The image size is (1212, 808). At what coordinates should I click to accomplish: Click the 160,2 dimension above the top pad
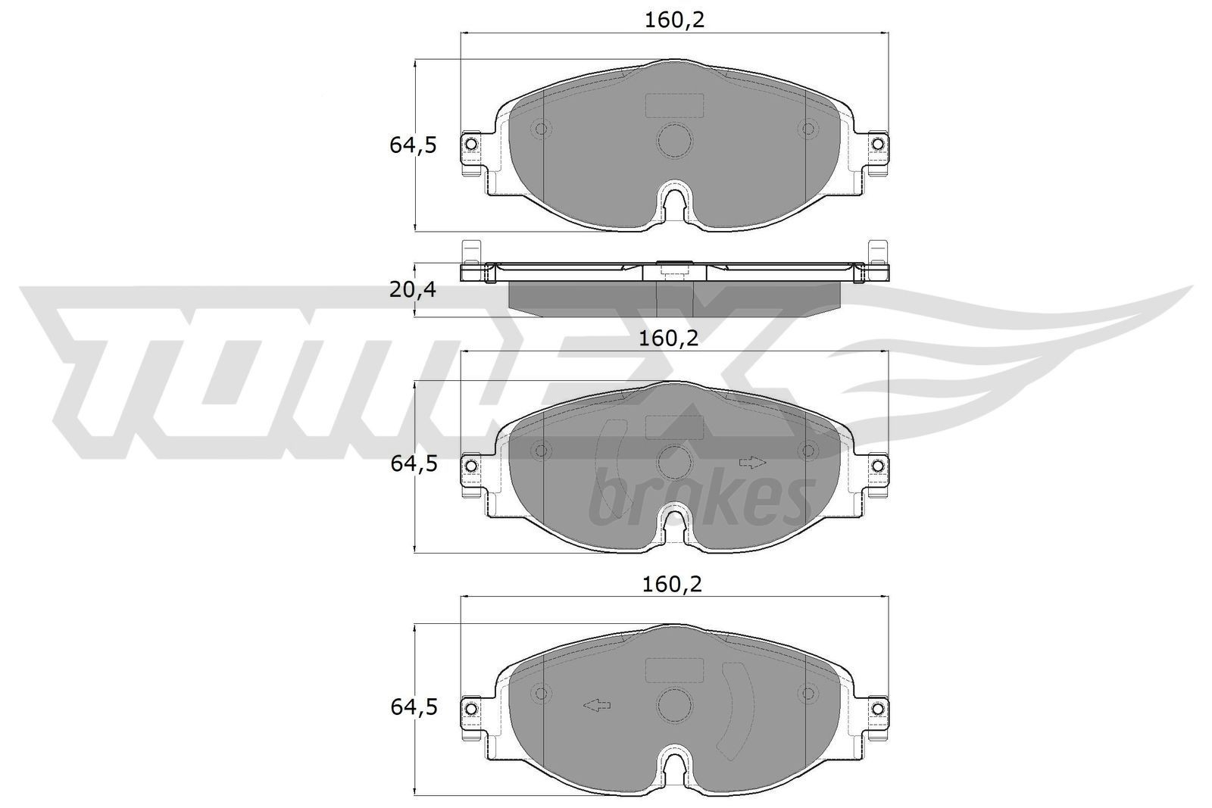pos(674,20)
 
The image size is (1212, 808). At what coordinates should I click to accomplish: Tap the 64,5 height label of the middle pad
pos(413,464)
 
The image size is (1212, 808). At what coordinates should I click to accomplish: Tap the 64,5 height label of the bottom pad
pos(413,707)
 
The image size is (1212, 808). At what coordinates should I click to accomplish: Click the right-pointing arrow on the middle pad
pos(753,462)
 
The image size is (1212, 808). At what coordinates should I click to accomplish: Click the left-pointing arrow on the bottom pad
pos(596,706)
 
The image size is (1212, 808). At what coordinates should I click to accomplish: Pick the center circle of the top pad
pos(674,140)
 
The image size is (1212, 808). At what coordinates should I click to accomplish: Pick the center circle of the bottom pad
pos(674,705)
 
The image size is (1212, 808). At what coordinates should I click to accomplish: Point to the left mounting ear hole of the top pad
pos(470,144)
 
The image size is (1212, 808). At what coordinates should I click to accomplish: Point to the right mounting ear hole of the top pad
pos(877,144)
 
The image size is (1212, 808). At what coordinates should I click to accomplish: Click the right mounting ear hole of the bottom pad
pos(877,707)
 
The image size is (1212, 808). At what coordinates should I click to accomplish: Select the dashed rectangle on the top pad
pos(674,105)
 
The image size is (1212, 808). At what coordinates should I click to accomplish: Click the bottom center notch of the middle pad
pos(674,521)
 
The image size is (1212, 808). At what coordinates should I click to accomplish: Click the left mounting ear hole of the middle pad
pos(470,464)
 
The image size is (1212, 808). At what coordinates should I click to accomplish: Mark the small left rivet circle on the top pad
pos(540,129)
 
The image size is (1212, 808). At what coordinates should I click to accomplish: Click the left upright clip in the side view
pos(470,252)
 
